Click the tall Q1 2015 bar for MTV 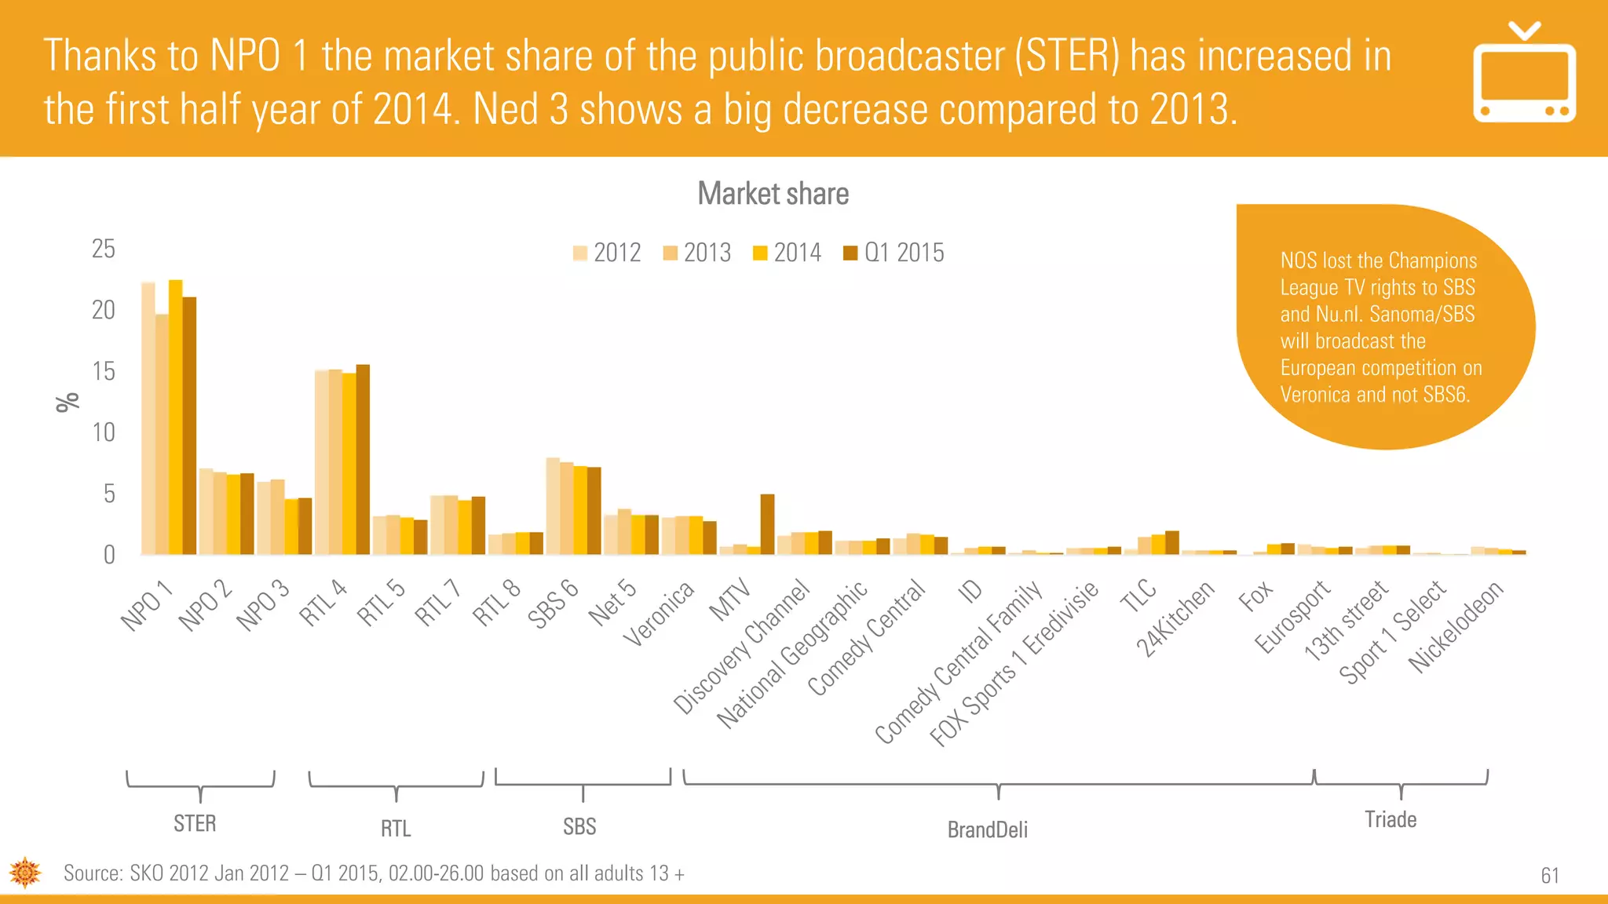[x=767, y=524]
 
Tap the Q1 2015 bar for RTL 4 [x=363, y=460]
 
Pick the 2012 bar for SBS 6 [x=553, y=506]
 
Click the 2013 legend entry [x=697, y=253]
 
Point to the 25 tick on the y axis [x=103, y=249]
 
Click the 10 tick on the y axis [x=103, y=432]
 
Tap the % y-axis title [x=68, y=402]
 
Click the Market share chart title [x=773, y=194]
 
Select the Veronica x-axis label [x=659, y=614]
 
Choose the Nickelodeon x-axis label [x=1456, y=626]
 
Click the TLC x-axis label [x=1138, y=596]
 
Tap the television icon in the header [x=1523, y=75]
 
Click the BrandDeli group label [x=987, y=829]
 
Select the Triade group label [x=1390, y=819]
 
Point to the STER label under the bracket [x=195, y=823]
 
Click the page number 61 [x=1549, y=875]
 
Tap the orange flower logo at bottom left [x=25, y=873]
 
